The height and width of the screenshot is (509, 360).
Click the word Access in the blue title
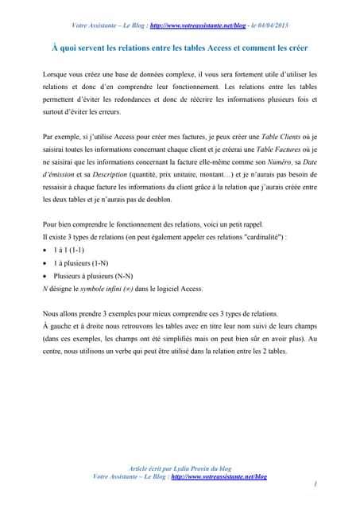click(218, 47)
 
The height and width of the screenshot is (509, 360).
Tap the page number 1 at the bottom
click(315, 483)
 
